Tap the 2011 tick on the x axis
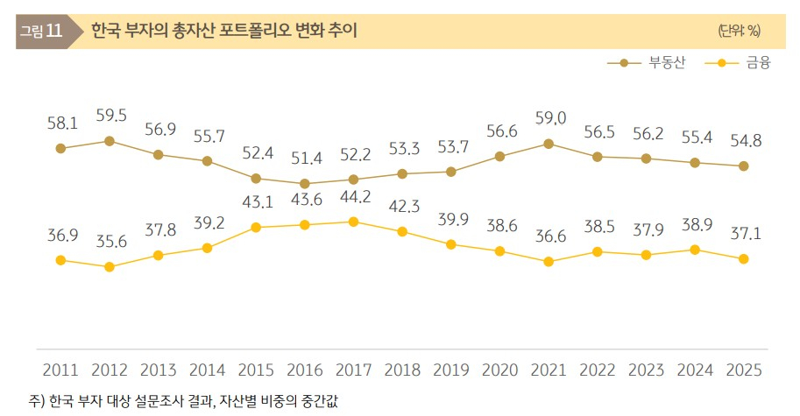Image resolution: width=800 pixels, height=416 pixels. [x=60, y=370]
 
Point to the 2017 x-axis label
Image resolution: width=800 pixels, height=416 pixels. [x=353, y=370]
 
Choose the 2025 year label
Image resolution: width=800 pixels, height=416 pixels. [x=743, y=370]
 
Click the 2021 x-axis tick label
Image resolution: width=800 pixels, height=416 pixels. [x=549, y=370]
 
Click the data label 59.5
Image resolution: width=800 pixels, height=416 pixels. [x=110, y=116]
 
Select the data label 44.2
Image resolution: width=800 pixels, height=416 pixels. [x=353, y=198]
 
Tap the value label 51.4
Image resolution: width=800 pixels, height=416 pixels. [x=305, y=159]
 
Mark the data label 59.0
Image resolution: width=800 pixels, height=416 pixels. [x=549, y=118]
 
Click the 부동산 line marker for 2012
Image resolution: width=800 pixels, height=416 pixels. [x=110, y=140]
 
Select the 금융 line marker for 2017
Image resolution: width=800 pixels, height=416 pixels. [x=353, y=222]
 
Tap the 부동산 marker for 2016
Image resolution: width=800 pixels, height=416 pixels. [x=305, y=184]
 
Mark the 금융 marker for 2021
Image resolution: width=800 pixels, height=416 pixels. [x=549, y=261]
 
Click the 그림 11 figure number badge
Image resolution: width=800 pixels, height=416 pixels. [x=41, y=32]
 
